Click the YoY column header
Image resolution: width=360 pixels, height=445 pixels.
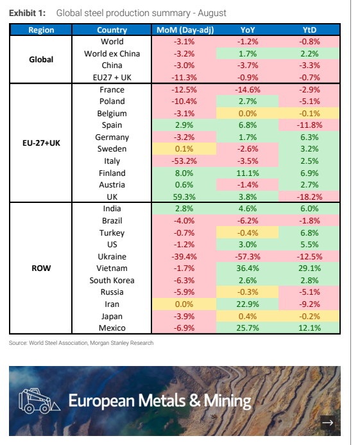[248, 30]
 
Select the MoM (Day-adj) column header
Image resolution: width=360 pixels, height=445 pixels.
[185, 30]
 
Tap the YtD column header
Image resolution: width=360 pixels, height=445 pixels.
[309, 30]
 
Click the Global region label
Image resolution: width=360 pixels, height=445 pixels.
[41, 59]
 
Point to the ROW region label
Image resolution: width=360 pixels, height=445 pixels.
[41, 268]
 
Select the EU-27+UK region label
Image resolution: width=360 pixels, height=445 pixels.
[41, 143]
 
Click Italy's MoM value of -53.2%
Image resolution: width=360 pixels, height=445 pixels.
[184, 161]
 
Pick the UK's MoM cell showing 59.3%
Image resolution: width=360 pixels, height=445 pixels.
[184, 196]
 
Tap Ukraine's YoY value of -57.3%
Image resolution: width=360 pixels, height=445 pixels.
[248, 257]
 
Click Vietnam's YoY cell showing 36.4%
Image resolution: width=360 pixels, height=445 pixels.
[248, 268]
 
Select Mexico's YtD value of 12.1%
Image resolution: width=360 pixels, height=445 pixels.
[309, 327]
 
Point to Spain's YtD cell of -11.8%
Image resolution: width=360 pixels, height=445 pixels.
[309, 125]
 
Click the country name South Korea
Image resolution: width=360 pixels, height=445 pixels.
[112, 281]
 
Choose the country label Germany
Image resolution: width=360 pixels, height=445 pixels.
[112, 137]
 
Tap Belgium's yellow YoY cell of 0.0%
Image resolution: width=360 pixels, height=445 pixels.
[248, 114]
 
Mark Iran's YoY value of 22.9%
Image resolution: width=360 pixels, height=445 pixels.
[248, 304]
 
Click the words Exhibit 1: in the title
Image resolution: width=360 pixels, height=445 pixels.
[27, 13]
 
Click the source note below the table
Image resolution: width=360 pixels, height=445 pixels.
[81, 343]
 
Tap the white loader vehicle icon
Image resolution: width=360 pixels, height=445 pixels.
[39, 401]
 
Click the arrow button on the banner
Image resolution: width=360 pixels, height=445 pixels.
[328, 423]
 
